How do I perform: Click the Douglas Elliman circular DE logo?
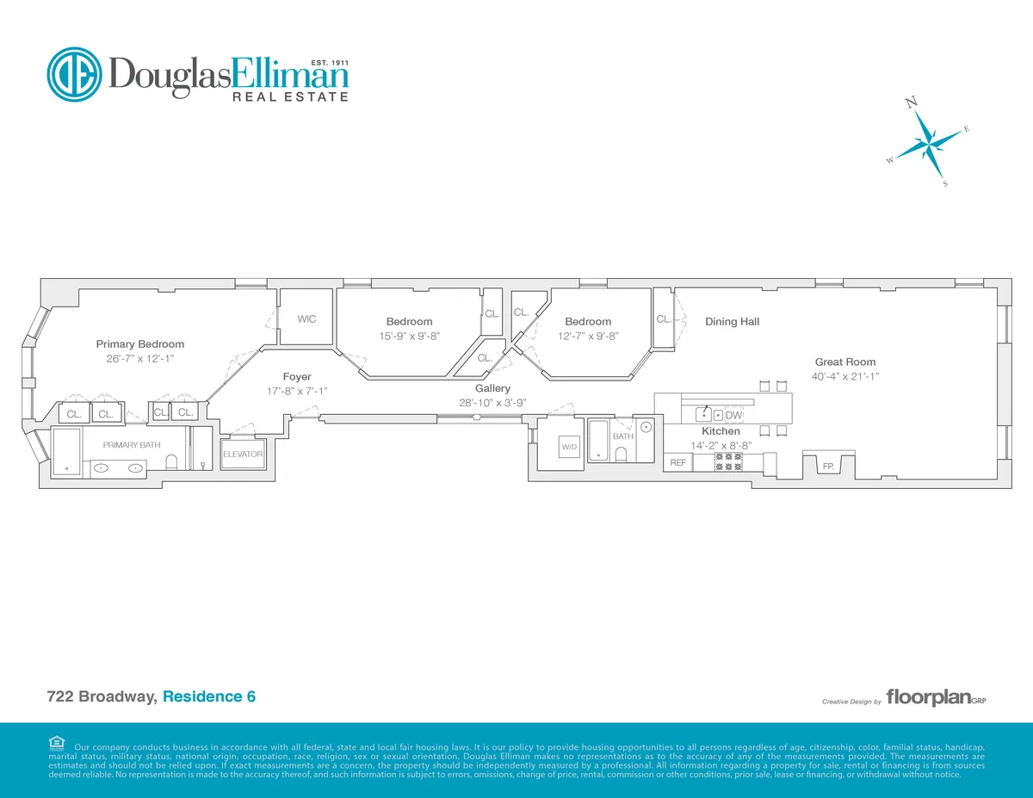[74, 75]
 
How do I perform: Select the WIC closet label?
[306, 319]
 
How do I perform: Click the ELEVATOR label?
[243, 454]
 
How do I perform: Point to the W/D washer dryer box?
[569, 448]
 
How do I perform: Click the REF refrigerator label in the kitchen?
[677, 463]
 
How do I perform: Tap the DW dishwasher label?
[734, 415]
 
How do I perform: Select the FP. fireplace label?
[828, 466]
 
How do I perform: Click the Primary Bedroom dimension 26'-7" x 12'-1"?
[140, 359]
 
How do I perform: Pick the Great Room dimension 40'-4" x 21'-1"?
[844, 376]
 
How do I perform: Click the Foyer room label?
[297, 377]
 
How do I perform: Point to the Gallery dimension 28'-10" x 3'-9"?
[492, 402]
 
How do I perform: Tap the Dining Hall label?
[732, 322]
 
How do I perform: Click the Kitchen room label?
[721, 431]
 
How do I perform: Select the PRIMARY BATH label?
[132, 445]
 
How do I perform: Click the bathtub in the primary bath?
[67, 452]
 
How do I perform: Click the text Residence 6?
[209, 696]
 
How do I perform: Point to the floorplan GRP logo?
[935, 698]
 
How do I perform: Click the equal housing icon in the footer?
[57, 743]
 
